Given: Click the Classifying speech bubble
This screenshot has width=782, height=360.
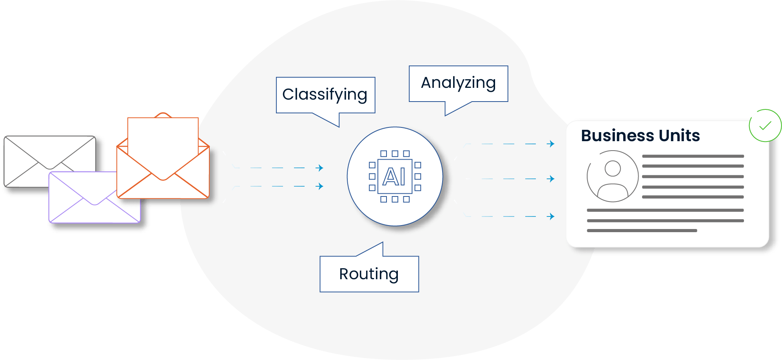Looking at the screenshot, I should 325,95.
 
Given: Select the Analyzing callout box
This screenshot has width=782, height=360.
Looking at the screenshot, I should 458,84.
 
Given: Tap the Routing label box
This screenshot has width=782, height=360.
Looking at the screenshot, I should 369,274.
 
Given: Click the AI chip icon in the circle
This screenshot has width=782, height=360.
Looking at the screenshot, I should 395,176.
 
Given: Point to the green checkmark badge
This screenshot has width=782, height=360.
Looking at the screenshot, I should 765,125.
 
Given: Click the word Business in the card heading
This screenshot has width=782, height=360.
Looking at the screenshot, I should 617,136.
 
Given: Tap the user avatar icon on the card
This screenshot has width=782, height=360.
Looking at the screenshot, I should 612,176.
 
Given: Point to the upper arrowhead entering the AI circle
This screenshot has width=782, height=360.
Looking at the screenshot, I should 320,168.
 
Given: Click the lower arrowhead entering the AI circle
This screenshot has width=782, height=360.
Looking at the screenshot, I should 320,186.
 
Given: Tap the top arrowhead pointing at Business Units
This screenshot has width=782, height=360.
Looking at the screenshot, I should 552,144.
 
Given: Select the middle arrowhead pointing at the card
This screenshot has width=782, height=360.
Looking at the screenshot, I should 552,179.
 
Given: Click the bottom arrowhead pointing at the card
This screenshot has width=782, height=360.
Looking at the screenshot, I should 552,216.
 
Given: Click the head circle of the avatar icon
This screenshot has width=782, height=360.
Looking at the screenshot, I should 613,169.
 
